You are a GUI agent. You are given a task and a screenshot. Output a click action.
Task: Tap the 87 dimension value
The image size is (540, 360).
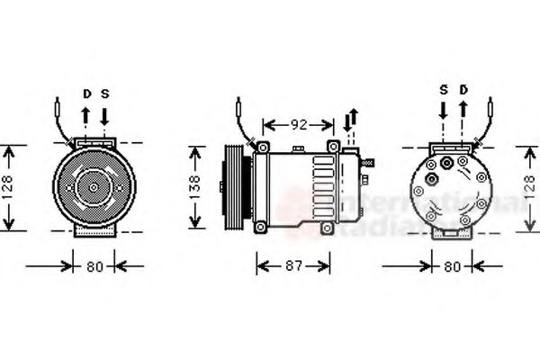coord(292,266)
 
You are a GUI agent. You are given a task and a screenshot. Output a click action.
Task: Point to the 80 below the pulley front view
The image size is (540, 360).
coord(94,266)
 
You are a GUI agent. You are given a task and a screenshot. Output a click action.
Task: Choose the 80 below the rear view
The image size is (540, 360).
coord(452,266)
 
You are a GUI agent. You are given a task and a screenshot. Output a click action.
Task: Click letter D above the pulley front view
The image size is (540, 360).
coord(87,93)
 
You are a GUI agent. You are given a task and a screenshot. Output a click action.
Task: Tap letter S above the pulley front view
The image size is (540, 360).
coord(104,93)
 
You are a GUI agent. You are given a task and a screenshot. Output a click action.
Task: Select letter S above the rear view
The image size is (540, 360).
coord(444,89)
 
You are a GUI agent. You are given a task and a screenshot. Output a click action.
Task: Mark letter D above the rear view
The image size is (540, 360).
coord(463,89)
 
